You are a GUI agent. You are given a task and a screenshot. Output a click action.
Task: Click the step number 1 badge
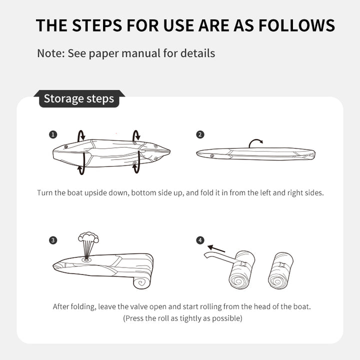53,134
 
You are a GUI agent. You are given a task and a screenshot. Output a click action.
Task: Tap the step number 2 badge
200,134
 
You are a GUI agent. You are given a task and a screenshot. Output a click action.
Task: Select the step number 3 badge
53,240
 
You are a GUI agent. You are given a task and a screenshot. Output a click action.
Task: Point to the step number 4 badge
200,240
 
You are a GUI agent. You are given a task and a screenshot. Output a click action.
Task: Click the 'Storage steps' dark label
79,98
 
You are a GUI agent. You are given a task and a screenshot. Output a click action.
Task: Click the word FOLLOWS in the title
296,25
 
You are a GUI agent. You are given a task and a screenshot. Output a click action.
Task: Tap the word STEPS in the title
97,25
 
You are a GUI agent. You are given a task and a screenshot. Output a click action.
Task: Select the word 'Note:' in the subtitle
51,53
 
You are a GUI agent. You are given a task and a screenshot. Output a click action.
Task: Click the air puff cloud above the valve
88,237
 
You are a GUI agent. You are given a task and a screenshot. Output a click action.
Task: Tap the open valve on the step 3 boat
86,259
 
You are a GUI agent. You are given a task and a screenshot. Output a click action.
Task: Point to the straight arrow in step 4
216,248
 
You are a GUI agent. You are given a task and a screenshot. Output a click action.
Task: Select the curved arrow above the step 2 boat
255,141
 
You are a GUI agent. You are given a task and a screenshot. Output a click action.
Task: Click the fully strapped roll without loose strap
280,270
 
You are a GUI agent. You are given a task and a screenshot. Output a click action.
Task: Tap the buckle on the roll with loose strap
243,264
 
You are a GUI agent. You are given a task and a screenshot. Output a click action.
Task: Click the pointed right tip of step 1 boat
170,151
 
